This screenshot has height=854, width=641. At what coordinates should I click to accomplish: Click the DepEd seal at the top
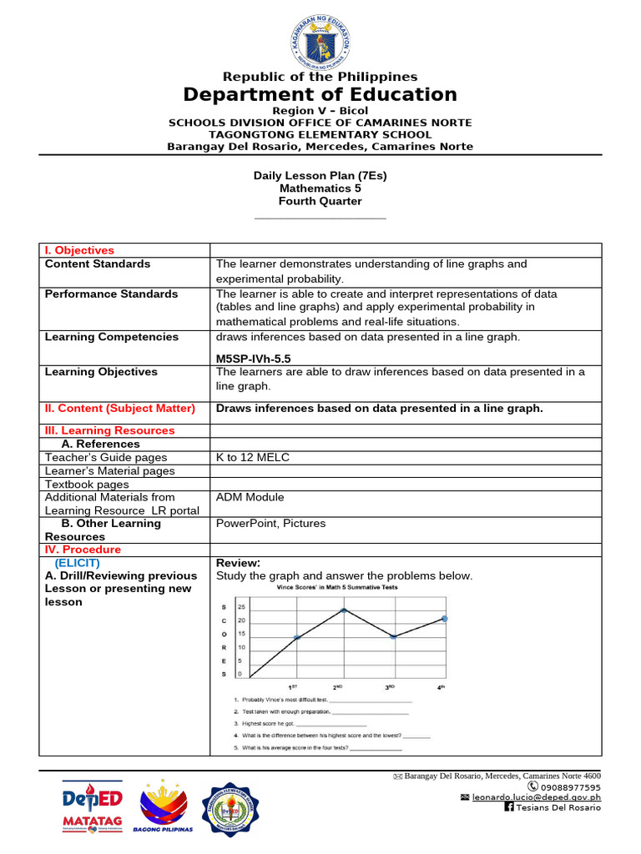[x=320, y=38]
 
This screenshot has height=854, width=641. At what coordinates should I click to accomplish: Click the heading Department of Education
[x=320, y=94]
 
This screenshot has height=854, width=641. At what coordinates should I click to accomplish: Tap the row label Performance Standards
[x=111, y=294]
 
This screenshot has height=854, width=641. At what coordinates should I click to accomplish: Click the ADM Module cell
[x=250, y=497]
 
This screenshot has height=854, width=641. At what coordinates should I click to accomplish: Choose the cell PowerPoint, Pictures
[x=270, y=524]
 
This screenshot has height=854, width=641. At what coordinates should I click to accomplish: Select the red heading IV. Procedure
[x=82, y=550]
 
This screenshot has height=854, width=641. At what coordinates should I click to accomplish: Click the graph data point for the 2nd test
[x=344, y=610]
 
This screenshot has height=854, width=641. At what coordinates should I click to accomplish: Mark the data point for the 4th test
[x=444, y=619]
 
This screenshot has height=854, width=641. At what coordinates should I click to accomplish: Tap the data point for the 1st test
[x=296, y=638]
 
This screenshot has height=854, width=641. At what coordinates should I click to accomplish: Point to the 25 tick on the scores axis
[x=241, y=607]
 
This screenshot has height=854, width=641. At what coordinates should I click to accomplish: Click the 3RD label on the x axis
[x=390, y=687]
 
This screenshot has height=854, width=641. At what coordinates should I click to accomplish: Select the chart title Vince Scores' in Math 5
[x=337, y=587]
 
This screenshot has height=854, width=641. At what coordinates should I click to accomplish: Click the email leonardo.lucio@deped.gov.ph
[x=536, y=797]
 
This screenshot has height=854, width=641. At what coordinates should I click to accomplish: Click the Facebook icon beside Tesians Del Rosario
[x=509, y=807]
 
